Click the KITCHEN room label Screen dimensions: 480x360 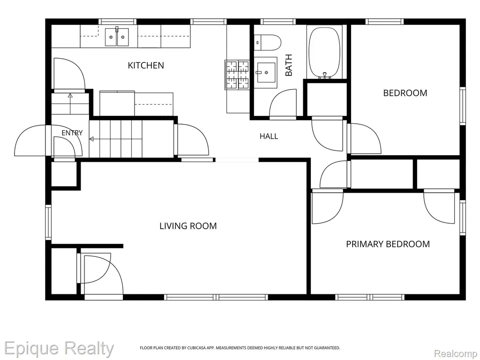146,65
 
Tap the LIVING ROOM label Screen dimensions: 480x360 188,226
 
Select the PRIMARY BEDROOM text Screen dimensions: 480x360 388,244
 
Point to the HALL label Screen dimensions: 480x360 269,136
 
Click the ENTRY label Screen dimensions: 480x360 72,133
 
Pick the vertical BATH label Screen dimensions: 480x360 289,65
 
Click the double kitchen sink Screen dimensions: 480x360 117,37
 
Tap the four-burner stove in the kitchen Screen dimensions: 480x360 238,75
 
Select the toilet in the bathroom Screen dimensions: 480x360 267,42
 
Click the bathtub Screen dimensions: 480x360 324,52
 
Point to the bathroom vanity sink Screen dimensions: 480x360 265,72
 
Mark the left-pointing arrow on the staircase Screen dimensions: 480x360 116,139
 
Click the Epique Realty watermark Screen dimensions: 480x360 59,349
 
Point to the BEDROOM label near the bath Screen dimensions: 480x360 405,93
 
